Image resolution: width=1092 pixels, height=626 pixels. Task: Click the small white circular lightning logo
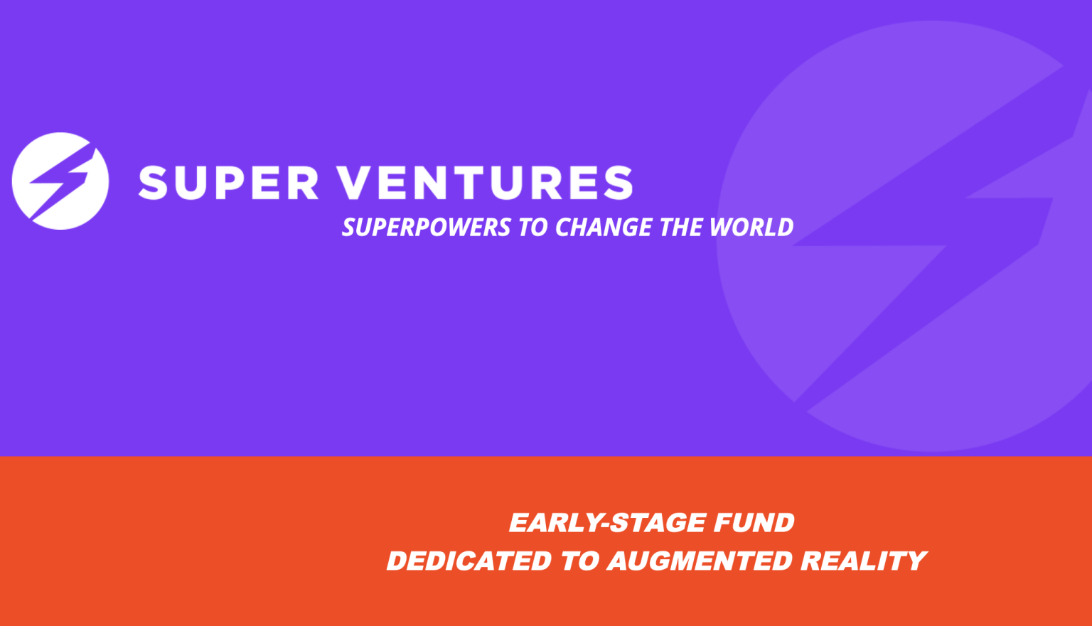(x=60, y=181)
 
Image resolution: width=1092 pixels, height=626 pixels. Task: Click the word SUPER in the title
(x=229, y=183)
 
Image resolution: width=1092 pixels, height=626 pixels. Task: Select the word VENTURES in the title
(x=486, y=183)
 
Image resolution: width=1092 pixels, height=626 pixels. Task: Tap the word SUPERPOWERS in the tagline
(x=427, y=228)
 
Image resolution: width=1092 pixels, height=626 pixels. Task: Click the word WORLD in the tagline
(x=751, y=228)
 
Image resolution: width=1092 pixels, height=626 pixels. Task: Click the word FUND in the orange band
(x=754, y=523)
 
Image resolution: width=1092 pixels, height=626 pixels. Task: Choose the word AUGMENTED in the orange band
(x=699, y=561)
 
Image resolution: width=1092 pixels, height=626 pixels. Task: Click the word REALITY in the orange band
(x=864, y=561)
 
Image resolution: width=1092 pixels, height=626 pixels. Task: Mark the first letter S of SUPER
(x=153, y=183)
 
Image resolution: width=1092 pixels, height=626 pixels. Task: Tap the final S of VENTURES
(x=619, y=183)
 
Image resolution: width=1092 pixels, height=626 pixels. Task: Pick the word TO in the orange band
(x=579, y=561)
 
